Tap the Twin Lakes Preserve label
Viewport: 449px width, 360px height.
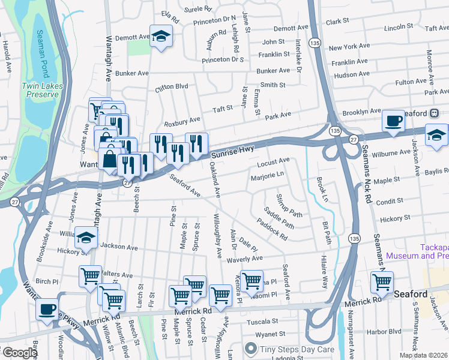pyautogui.click(x=40, y=90)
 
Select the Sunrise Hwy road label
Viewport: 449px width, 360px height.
pyautogui.click(x=232, y=148)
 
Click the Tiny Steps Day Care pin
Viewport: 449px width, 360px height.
pyautogui.click(x=251, y=349)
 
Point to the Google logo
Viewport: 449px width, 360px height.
pyautogui.click(x=19, y=353)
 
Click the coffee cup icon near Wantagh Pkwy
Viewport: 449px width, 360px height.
pyautogui.click(x=47, y=310)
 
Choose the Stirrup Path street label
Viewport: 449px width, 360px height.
pyautogui.click(x=289, y=205)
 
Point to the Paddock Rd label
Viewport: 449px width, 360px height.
pyautogui.click(x=271, y=229)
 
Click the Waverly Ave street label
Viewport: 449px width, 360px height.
pyautogui.click(x=244, y=259)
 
